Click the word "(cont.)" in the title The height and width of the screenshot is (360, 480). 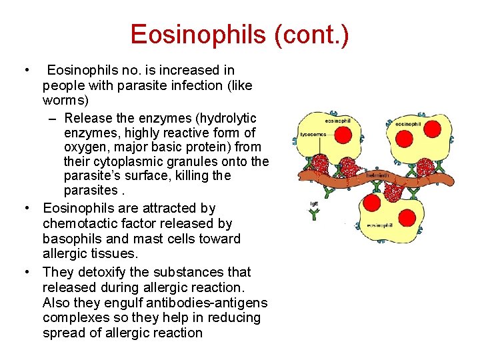(x=311, y=35)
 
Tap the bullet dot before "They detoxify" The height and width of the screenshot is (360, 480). (x=27, y=272)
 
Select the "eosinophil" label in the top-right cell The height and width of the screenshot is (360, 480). (x=408, y=125)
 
